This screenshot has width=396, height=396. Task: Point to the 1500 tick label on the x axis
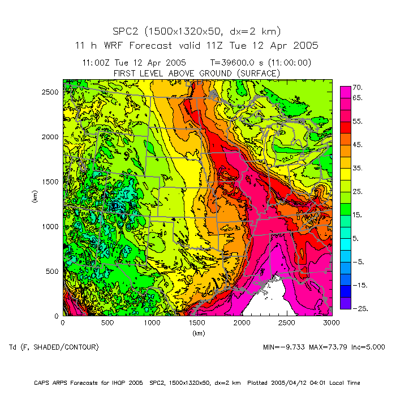tap(197, 323)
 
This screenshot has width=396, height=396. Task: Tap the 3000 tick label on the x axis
tap(332, 323)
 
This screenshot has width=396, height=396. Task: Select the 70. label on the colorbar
tap(358, 88)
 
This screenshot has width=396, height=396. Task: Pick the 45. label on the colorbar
tap(358, 145)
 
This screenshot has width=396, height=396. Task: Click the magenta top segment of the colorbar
tap(345, 91)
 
